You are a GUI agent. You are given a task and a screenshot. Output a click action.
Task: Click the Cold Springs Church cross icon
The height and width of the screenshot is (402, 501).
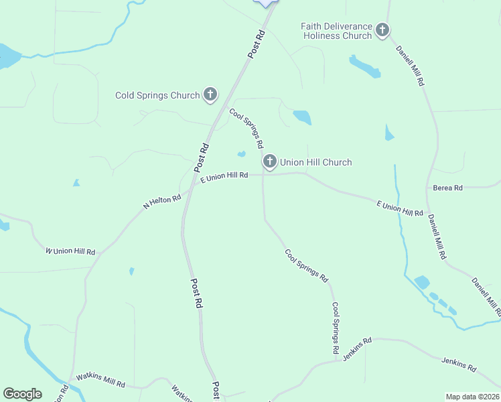click(210, 94)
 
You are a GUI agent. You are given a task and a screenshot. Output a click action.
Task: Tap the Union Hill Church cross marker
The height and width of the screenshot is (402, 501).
click(269, 161)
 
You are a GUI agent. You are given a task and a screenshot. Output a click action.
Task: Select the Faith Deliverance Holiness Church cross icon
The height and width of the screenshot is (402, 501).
click(382, 30)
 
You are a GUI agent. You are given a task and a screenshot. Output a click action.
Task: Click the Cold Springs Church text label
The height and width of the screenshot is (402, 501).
click(157, 95)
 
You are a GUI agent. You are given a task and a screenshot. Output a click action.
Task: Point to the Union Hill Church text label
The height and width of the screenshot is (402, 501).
click(315, 162)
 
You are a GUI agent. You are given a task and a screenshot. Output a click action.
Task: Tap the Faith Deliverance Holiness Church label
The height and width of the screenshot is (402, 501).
click(336, 31)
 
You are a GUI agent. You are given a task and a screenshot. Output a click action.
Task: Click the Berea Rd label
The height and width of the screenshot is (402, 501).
click(448, 188)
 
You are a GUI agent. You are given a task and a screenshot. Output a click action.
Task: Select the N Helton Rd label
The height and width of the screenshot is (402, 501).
click(162, 201)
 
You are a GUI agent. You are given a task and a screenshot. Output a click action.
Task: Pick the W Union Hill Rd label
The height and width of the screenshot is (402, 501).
click(70, 251)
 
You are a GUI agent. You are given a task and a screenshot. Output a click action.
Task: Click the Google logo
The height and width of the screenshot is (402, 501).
click(22, 394)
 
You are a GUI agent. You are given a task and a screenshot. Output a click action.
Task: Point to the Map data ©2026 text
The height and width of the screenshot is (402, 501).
click(472, 397)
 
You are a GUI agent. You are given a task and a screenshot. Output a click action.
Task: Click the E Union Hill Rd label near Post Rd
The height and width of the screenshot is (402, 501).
click(224, 176)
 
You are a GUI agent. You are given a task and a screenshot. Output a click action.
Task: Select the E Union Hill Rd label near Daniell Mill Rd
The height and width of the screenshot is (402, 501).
click(399, 208)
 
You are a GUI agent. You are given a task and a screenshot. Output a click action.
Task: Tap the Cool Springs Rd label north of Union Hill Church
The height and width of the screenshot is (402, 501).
click(246, 128)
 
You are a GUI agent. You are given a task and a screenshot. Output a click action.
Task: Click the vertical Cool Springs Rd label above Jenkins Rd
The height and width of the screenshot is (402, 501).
click(336, 328)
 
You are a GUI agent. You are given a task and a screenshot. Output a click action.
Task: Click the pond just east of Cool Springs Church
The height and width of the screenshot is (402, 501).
click(302, 117)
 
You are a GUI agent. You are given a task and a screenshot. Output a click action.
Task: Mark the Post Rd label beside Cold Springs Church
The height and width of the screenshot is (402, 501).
click(202, 157)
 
